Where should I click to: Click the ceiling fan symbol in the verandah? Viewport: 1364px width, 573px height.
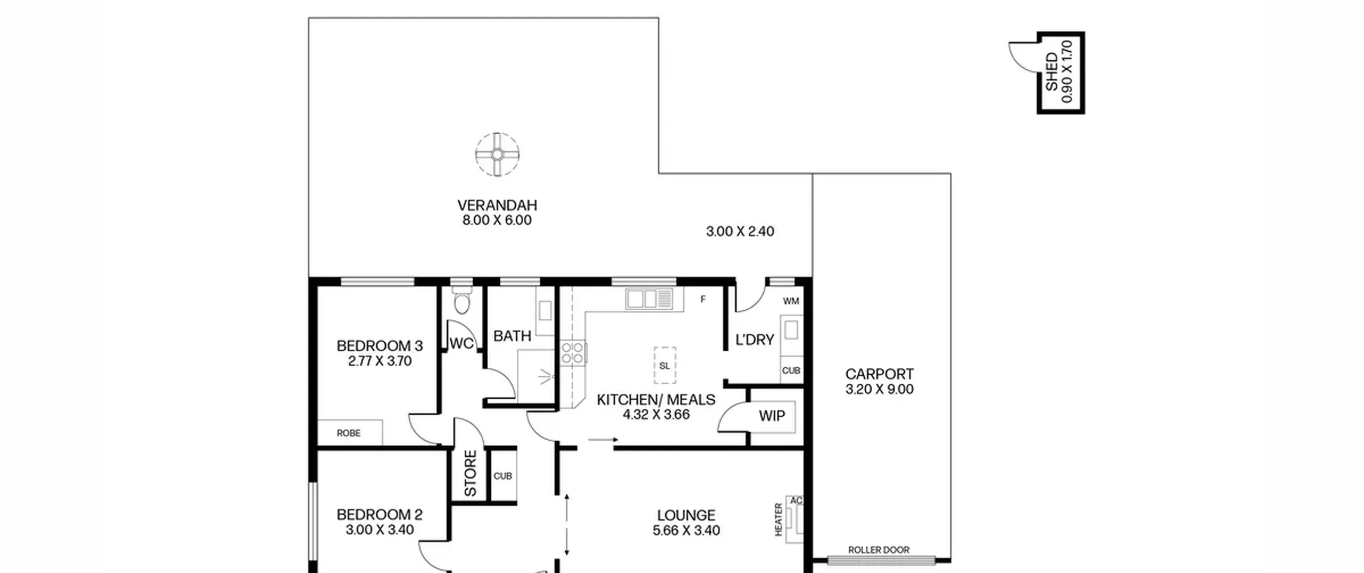coord(497,155)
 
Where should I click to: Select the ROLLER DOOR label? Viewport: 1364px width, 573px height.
coord(879,550)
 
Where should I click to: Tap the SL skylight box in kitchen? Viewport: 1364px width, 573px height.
coord(664,366)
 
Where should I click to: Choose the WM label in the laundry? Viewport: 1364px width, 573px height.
coord(791,301)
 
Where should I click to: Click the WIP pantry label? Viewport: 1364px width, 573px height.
coord(772,416)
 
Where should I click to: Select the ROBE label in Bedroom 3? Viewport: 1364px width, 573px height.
coord(348,433)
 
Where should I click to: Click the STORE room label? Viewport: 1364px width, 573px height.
coord(470,473)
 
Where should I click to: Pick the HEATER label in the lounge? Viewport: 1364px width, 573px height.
coord(778,520)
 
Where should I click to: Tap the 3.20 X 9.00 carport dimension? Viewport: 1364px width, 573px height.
coord(879,389)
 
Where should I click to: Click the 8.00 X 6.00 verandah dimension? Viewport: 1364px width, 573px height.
coord(497,220)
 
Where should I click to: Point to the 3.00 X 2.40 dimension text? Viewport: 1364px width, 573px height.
coord(740,231)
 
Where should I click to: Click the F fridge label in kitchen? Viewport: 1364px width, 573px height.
coord(703,300)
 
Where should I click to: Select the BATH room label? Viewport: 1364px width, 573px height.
coord(512,336)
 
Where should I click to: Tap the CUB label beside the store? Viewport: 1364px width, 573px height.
coord(502,476)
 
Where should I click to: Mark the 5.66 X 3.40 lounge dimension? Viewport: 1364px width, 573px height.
coord(686,530)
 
